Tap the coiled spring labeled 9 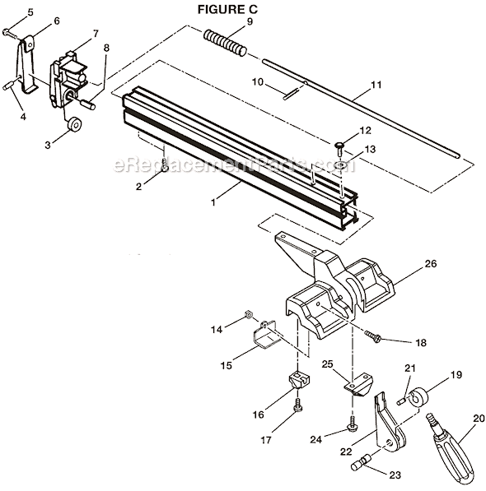[226, 42]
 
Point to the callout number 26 [408, 264]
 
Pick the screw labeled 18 [375, 336]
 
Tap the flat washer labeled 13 [339, 164]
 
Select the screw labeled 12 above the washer [339, 146]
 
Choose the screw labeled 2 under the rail [165, 167]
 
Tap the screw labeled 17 [299, 405]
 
